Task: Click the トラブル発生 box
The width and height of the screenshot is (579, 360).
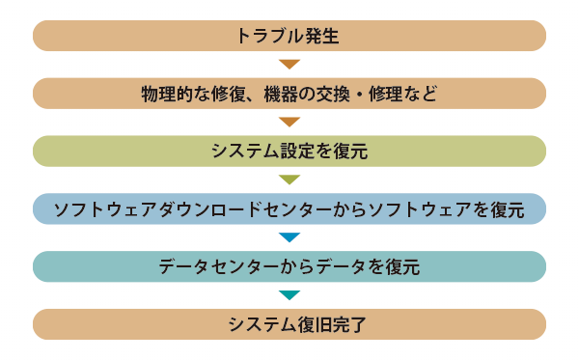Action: pos(289,36)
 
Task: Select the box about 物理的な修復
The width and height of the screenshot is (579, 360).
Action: pos(289,94)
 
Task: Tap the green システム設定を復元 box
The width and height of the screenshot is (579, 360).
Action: pos(289,151)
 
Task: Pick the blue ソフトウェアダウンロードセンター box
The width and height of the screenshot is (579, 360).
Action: pos(289,209)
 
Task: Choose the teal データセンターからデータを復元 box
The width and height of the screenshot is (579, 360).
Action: pos(289,266)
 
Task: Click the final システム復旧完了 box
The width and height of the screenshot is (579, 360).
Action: pos(289,324)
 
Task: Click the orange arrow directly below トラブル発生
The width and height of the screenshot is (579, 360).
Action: pos(289,64)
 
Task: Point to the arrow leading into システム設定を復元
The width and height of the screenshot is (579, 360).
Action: pos(289,122)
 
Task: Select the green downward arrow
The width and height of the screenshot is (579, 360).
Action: pos(289,180)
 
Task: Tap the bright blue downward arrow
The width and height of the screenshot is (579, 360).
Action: pos(289,237)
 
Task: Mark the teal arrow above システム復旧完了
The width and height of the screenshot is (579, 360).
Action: pos(289,295)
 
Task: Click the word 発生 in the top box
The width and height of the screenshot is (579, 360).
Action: pos(322,36)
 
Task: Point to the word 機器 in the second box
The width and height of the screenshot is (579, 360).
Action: pos(281,94)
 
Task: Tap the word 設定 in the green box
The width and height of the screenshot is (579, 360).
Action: pos(298,152)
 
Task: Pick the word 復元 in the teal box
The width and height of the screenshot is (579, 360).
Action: pos(402,267)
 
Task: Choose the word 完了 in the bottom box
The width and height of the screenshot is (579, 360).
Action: pos(349,324)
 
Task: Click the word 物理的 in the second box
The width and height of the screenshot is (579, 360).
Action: pos(167,94)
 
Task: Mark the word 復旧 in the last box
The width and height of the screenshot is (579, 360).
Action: pos(315,324)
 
